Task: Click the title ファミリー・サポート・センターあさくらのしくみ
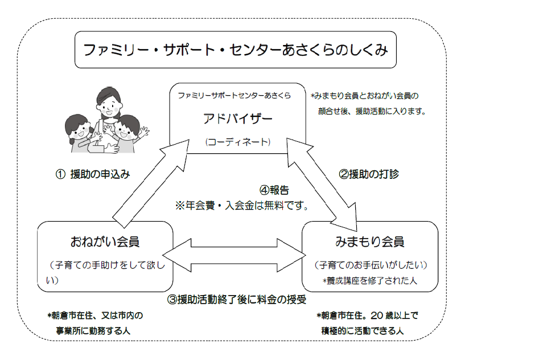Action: click(x=236, y=50)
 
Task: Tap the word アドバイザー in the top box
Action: click(x=238, y=119)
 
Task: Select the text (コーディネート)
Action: click(x=238, y=142)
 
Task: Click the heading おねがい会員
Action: click(x=105, y=242)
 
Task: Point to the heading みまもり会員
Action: click(x=370, y=242)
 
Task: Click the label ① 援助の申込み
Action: click(x=93, y=174)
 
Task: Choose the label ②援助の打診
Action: click(x=369, y=174)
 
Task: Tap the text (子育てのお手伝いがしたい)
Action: click(x=371, y=265)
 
